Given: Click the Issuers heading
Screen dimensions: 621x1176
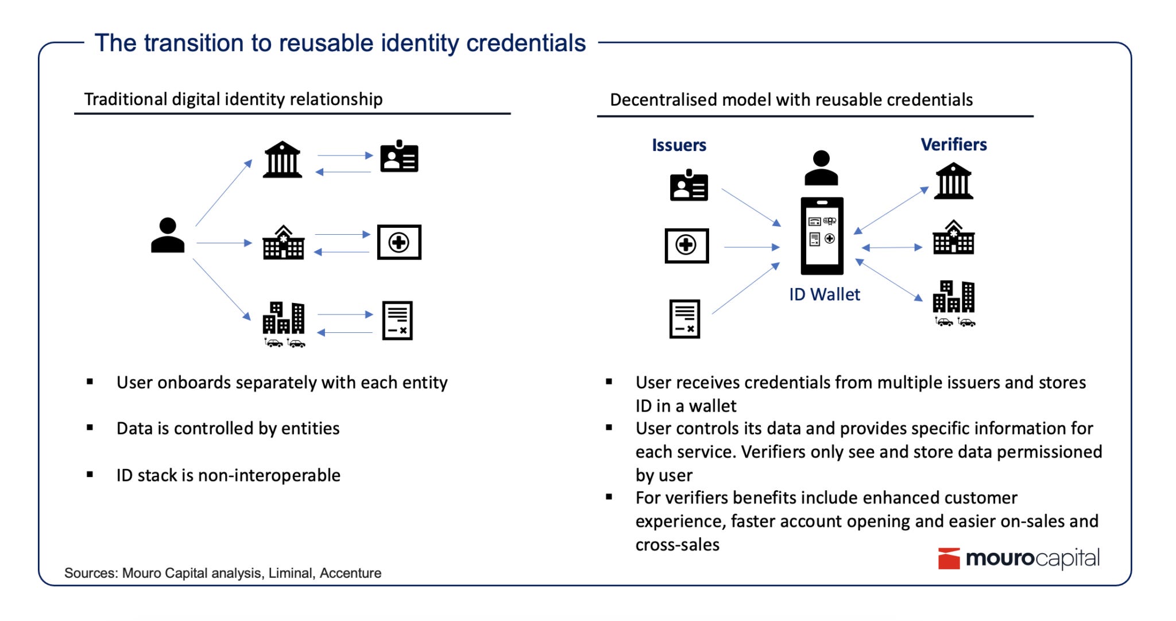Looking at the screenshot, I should coord(679,145).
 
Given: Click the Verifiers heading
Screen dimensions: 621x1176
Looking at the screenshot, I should coord(954,145).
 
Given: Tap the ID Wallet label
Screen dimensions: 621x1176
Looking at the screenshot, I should coord(825,294).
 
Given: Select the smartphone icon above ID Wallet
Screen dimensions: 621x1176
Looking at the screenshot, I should coord(822,236).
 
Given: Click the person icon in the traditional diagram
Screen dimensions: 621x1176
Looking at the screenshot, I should coord(168,235).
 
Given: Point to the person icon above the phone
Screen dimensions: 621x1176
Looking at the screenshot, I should coord(821,168).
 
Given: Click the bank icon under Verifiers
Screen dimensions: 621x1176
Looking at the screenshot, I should coord(953,181).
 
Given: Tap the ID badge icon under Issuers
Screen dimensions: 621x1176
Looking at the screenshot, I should coord(688,185).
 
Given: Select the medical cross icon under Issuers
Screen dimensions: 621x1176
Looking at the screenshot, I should coord(686,246).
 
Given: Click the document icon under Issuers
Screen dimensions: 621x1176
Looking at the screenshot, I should coord(684,319).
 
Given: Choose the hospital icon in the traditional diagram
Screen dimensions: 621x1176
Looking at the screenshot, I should coord(283,243).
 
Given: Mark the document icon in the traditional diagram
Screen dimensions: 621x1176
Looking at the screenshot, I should coord(397,320).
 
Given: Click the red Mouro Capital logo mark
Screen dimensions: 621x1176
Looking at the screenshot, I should coord(949,558).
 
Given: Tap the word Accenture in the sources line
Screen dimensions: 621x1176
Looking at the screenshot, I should coord(350,573).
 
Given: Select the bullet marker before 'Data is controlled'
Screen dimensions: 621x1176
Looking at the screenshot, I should coord(90,428).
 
